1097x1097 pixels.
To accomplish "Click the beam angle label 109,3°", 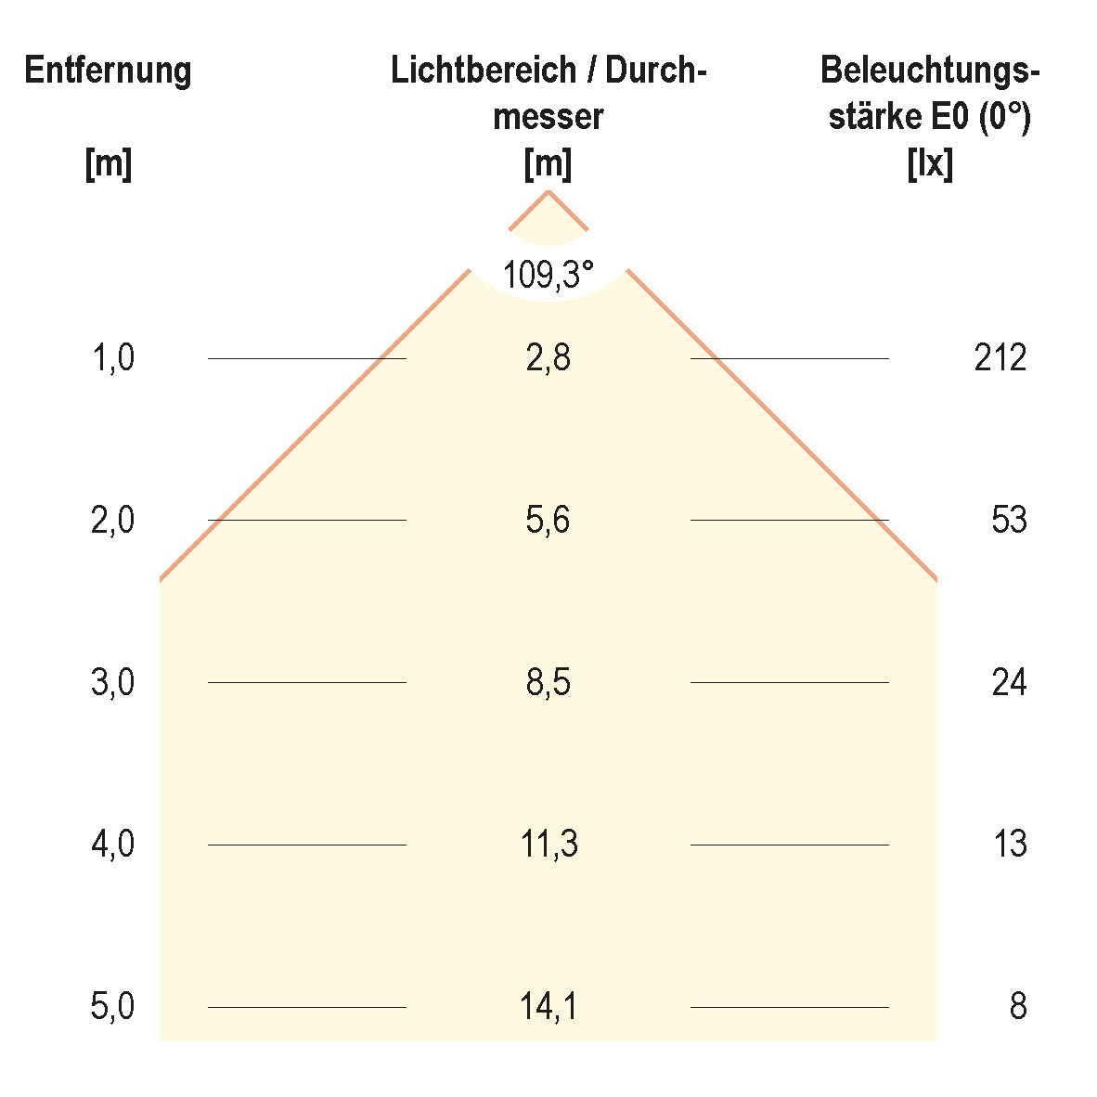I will (x=548, y=274).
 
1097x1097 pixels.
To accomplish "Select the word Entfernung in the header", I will (x=108, y=71).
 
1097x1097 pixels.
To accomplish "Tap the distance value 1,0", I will (x=112, y=357).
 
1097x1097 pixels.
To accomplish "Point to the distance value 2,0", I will (x=112, y=520).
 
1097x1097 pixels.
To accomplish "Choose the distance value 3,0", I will (x=112, y=683).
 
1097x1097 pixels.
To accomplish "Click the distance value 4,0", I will (x=112, y=845).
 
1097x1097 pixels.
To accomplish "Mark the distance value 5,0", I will (x=112, y=1007).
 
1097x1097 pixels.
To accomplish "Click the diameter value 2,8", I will (x=548, y=357).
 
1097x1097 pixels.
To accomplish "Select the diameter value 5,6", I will (x=548, y=520).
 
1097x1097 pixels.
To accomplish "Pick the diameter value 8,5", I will (x=548, y=683).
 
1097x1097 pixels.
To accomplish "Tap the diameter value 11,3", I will (x=548, y=845).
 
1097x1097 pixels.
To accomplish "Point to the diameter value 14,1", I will (x=548, y=1007).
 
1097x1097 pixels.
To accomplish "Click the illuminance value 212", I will (x=1000, y=357).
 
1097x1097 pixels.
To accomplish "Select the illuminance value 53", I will (x=1009, y=520).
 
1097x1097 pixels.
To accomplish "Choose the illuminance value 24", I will (x=1009, y=683).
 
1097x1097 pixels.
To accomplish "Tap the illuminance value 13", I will (x=1009, y=845).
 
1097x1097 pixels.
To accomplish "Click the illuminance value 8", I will (x=1018, y=1007).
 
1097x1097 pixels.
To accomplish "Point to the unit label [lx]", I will (x=930, y=165).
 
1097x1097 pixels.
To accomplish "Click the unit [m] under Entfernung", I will (x=108, y=165).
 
